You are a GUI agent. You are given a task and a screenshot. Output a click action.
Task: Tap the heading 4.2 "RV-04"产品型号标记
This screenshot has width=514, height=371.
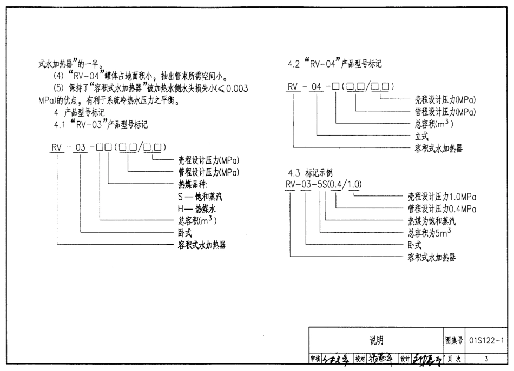tap(335, 64)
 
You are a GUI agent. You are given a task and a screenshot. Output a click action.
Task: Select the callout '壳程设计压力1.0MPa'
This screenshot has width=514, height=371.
tap(442, 197)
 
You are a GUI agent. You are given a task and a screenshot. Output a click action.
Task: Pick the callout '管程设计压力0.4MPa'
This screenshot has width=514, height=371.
tap(442, 209)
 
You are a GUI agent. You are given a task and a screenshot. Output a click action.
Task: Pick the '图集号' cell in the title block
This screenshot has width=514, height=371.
tap(453, 340)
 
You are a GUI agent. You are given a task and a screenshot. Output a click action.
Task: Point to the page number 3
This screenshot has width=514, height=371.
tap(486, 358)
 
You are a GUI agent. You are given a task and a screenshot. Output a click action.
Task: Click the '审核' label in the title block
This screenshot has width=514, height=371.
tap(315, 358)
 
